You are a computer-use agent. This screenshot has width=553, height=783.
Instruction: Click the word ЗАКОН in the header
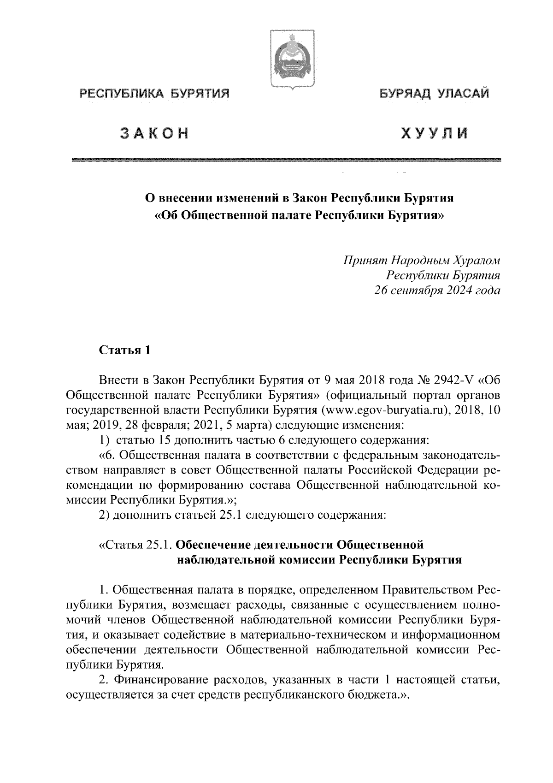click(x=155, y=133)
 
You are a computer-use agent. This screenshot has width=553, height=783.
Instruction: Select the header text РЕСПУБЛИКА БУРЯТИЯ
click(x=155, y=94)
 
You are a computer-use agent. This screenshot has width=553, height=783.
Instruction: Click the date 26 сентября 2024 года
click(x=437, y=291)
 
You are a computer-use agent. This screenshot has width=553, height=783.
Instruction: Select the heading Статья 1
click(x=125, y=350)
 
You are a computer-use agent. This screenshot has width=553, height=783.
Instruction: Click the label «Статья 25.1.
click(x=135, y=545)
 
